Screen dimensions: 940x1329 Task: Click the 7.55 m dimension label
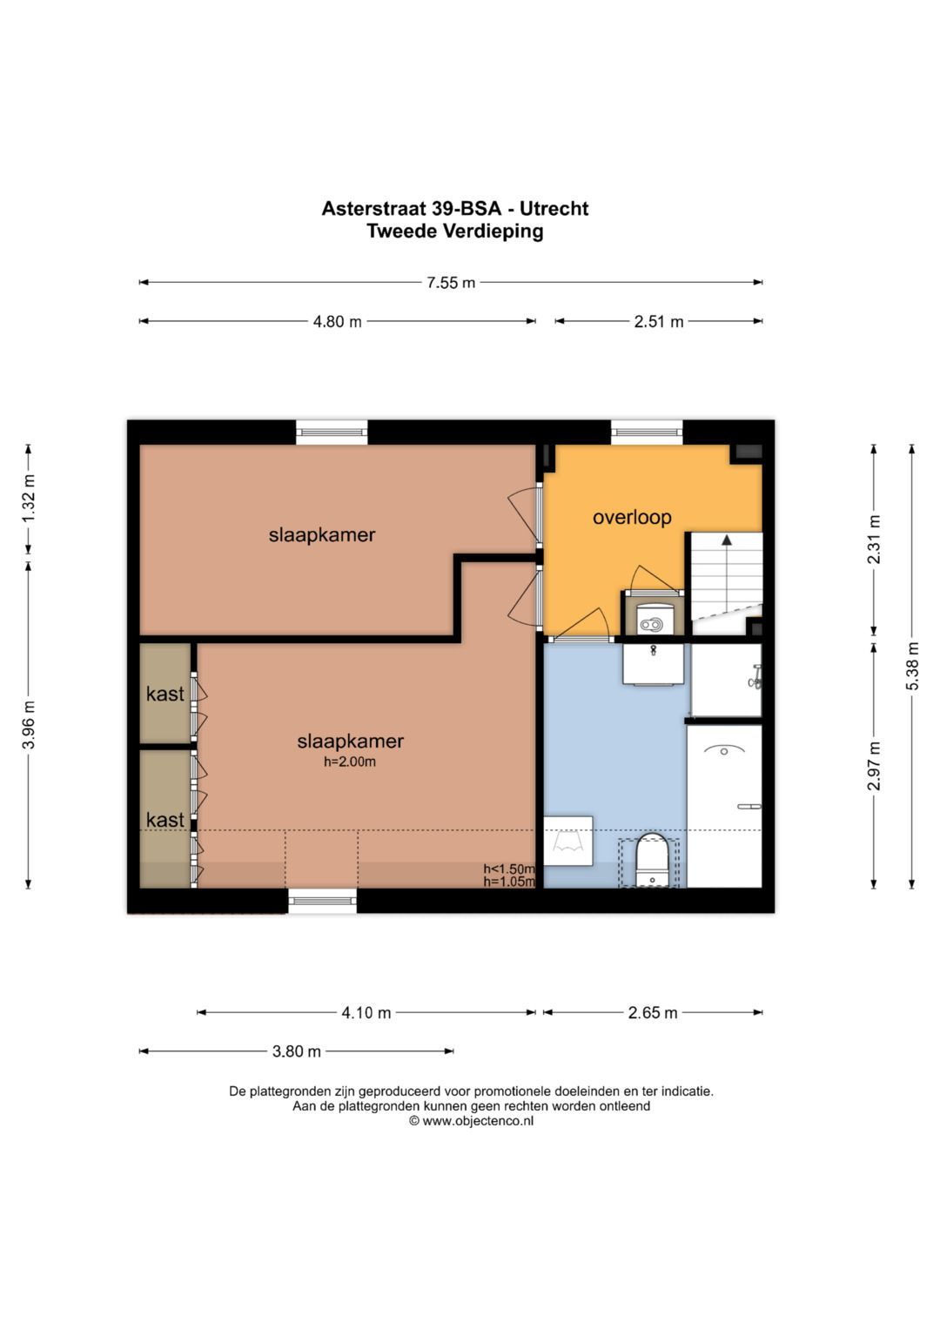(x=451, y=282)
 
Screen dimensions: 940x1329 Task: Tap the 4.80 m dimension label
(x=337, y=321)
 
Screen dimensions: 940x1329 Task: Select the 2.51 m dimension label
(x=659, y=321)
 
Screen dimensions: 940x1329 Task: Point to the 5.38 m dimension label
(x=913, y=667)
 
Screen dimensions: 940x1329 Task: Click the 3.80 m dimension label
(x=296, y=1051)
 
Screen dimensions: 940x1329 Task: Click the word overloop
(x=632, y=517)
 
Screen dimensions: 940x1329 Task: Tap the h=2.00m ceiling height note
(x=350, y=762)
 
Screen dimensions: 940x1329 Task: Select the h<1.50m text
(x=508, y=869)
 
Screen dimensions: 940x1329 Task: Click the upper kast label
(x=165, y=694)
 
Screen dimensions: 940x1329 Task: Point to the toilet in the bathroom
(x=652, y=861)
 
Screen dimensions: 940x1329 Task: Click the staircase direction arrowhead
(x=727, y=540)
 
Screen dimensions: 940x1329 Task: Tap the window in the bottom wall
(x=322, y=901)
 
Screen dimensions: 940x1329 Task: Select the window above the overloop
(x=647, y=432)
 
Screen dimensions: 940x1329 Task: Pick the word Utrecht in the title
(x=554, y=209)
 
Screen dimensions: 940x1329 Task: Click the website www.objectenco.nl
(x=478, y=1121)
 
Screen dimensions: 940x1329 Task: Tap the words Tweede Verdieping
(x=454, y=231)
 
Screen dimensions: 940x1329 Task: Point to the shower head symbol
(x=755, y=677)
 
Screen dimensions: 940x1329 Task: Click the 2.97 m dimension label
(x=874, y=765)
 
